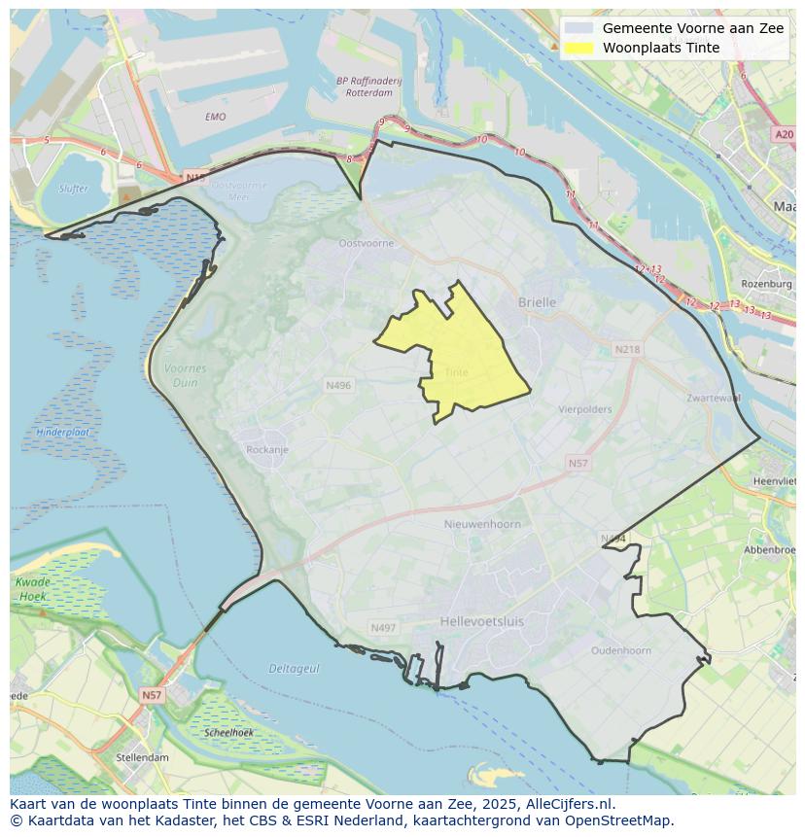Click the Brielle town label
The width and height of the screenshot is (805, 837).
click(537, 302)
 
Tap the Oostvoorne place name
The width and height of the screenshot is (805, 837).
click(366, 243)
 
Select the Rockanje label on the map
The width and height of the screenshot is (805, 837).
click(267, 450)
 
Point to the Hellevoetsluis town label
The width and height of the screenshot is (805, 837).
click(481, 620)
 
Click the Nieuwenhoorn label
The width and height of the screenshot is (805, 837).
click(482, 524)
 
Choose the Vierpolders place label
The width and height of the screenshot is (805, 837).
click(585, 409)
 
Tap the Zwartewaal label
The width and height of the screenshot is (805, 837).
click(714, 398)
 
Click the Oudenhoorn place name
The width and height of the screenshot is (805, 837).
click(621, 650)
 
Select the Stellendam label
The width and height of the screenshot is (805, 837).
click(142, 757)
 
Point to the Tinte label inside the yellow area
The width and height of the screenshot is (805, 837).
click(456, 372)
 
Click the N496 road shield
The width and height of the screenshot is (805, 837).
click(338, 386)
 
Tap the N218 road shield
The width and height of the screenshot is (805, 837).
click(627, 349)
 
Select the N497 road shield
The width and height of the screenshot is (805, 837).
click(383, 628)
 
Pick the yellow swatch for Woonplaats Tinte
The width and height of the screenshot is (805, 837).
click(578, 49)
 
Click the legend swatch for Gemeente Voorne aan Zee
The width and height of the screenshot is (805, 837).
click(578, 29)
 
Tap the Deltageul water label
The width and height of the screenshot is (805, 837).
click(294, 669)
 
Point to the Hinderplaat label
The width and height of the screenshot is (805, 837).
click(63, 432)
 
